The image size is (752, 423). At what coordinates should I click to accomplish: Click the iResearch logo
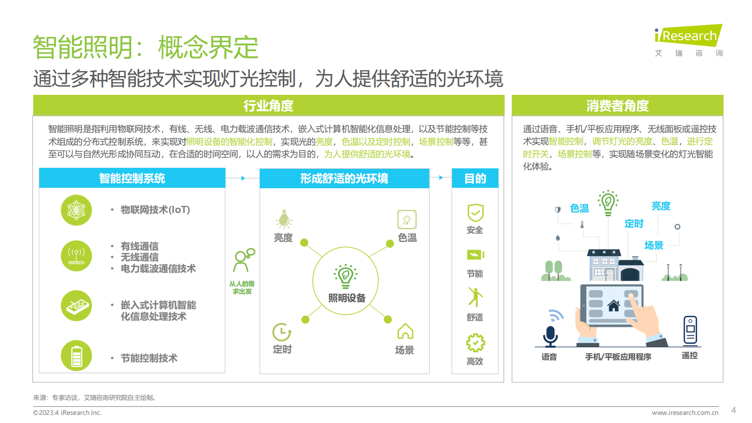point(689,36)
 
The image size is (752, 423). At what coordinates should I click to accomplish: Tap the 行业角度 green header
point(268,105)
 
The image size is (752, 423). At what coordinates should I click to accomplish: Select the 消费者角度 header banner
point(617,105)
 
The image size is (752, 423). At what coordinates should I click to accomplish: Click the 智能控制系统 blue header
point(132,178)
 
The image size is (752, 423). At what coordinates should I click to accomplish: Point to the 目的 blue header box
point(475,178)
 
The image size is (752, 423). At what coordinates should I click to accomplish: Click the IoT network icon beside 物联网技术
point(76,210)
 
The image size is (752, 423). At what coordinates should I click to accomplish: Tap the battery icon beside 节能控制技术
point(76,356)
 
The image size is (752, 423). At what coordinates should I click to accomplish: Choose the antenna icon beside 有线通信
point(76,256)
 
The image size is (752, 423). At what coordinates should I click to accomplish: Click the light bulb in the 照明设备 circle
point(345,276)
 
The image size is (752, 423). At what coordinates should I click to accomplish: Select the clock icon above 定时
point(282,332)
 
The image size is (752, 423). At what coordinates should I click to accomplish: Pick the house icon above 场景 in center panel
point(405,331)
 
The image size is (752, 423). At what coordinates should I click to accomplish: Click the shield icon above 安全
point(475,213)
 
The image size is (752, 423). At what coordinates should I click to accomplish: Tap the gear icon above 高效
point(475,343)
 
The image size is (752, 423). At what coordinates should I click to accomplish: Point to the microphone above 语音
point(550,336)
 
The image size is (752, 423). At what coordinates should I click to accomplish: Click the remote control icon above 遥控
point(690,330)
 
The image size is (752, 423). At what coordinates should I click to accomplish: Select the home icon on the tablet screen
point(614,306)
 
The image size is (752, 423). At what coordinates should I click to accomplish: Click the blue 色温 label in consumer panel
point(579,208)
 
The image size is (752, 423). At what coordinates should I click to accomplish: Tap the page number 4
point(734,410)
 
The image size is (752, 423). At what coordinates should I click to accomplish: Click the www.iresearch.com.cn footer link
point(685,413)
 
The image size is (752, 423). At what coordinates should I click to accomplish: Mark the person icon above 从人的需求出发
point(243,260)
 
